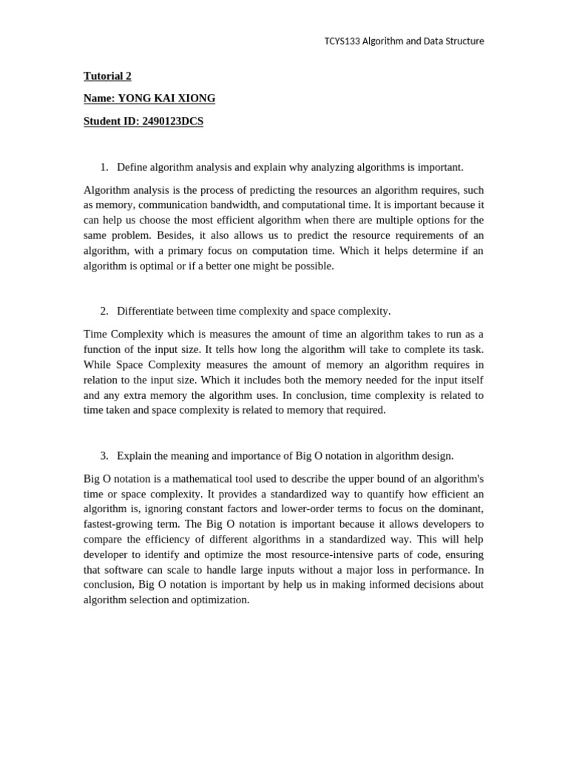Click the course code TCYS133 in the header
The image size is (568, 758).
(x=342, y=41)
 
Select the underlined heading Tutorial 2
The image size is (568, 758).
(x=107, y=76)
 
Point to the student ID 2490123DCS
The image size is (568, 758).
(x=169, y=121)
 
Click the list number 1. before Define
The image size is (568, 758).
(x=104, y=167)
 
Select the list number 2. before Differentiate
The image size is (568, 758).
(x=104, y=312)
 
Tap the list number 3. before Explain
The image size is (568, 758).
(x=104, y=456)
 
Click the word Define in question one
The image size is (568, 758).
(x=133, y=167)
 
